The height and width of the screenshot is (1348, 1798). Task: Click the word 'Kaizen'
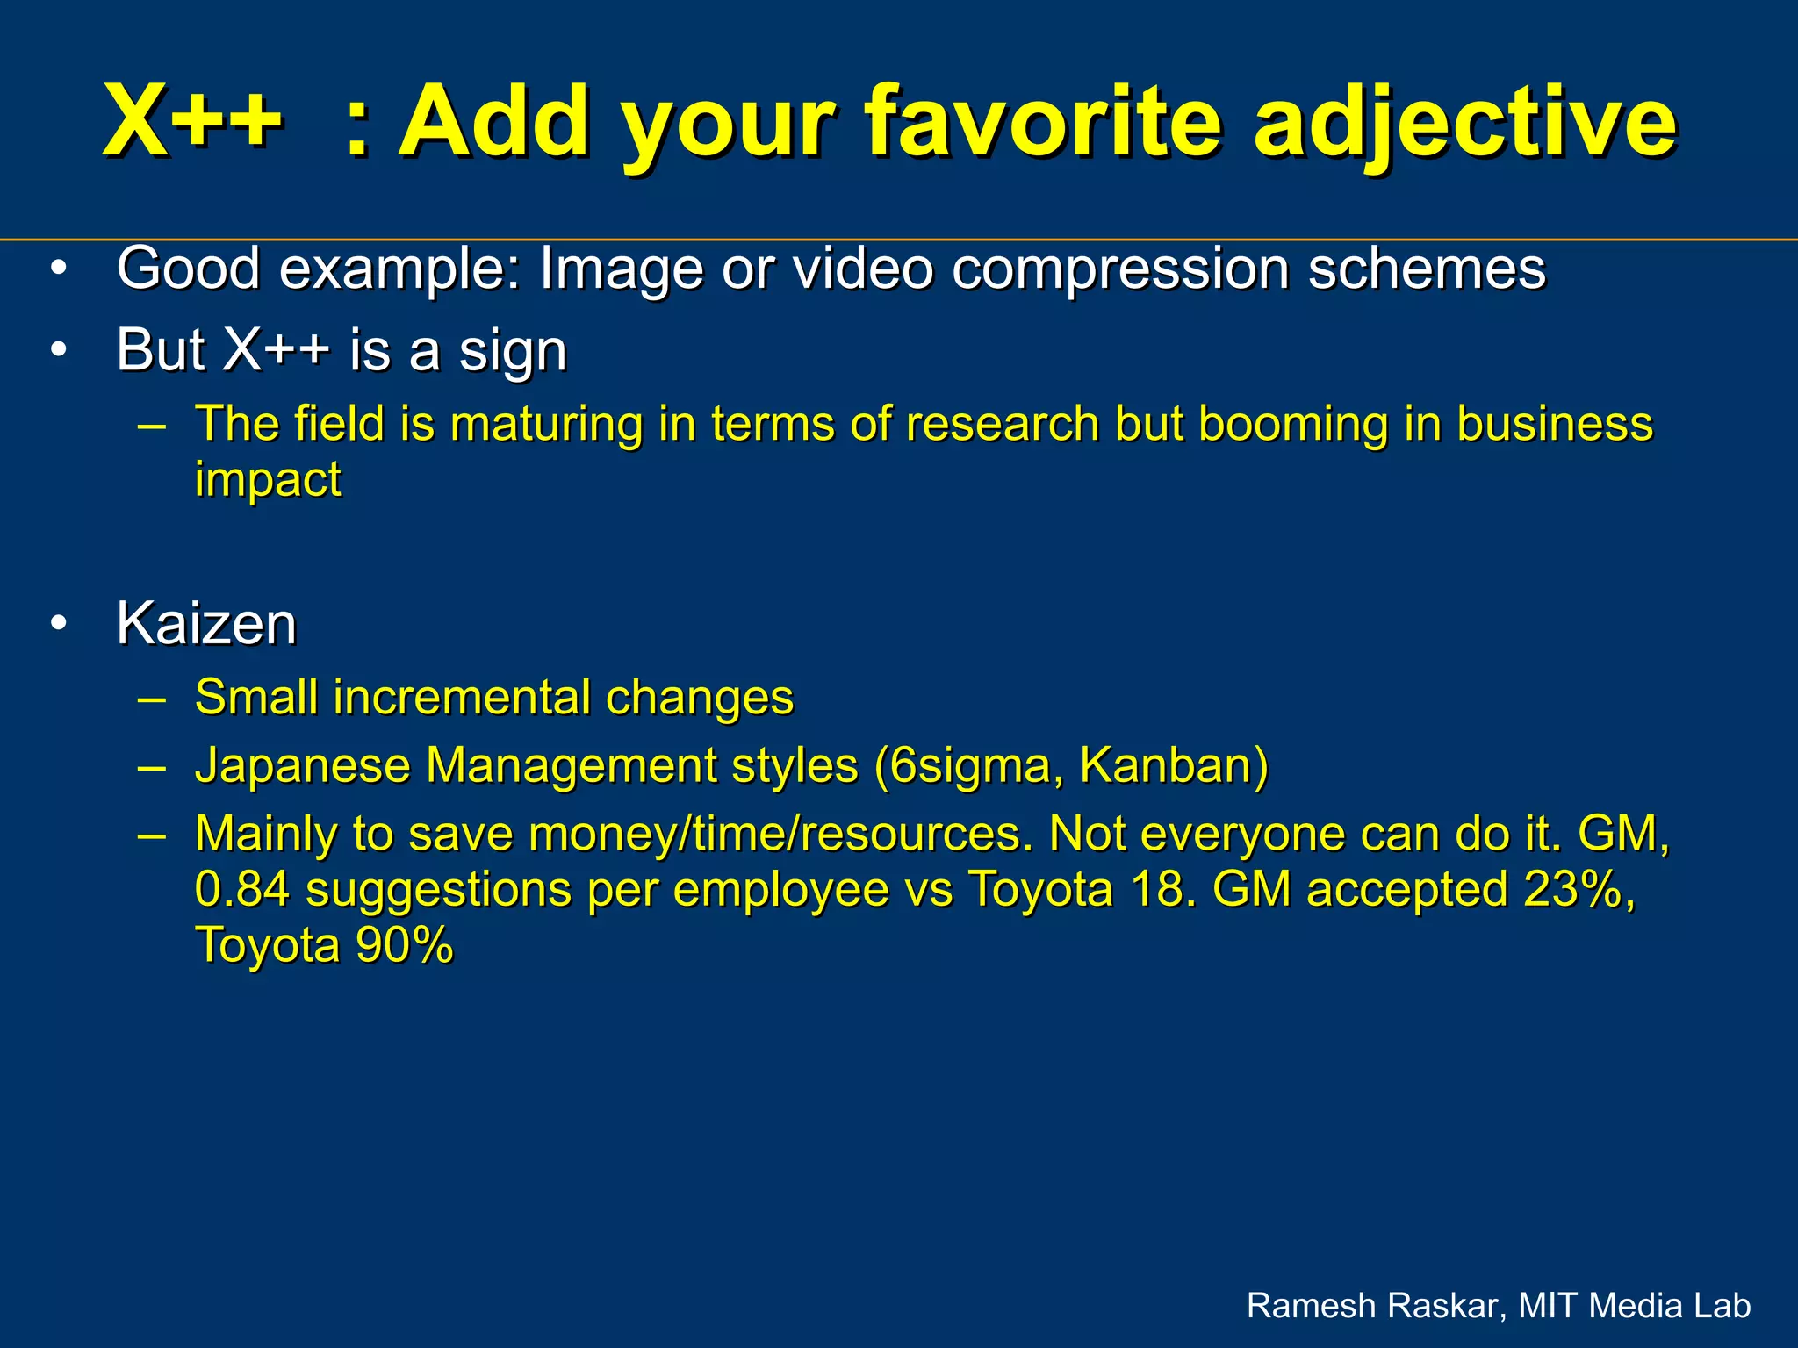click(x=206, y=624)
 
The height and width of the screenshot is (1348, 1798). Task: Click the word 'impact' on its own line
click(x=268, y=480)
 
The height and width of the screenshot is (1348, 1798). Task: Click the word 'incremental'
click(x=462, y=698)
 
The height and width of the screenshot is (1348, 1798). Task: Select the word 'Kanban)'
click(x=1174, y=765)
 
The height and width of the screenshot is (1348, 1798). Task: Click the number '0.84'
click(x=242, y=889)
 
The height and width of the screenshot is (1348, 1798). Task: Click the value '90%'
click(x=405, y=945)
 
